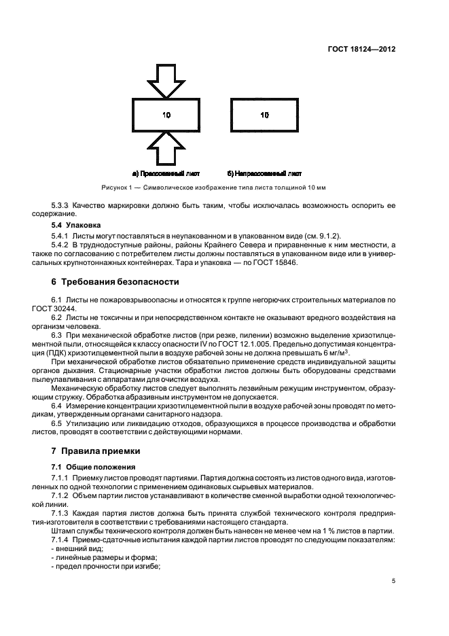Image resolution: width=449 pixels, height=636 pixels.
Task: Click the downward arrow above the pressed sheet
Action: pyautogui.click(x=165, y=80)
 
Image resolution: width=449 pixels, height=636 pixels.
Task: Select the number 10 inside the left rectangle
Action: pyautogui.click(x=166, y=115)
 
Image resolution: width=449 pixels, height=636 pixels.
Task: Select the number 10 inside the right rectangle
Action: pyautogui.click(x=265, y=115)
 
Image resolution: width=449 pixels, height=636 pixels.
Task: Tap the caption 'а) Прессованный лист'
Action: pyautogui.click(x=166, y=173)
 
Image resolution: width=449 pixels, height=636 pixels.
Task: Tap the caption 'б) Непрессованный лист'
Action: pyautogui.click(x=265, y=173)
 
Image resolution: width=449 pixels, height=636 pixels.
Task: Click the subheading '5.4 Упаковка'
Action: pyautogui.click(x=76, y=224)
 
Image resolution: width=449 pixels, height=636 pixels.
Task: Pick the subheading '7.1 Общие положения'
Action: pyautogui.click(x=94, y=467)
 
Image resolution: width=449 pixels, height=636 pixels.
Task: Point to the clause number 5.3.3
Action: pyautogui.click(x=60, y=205)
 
